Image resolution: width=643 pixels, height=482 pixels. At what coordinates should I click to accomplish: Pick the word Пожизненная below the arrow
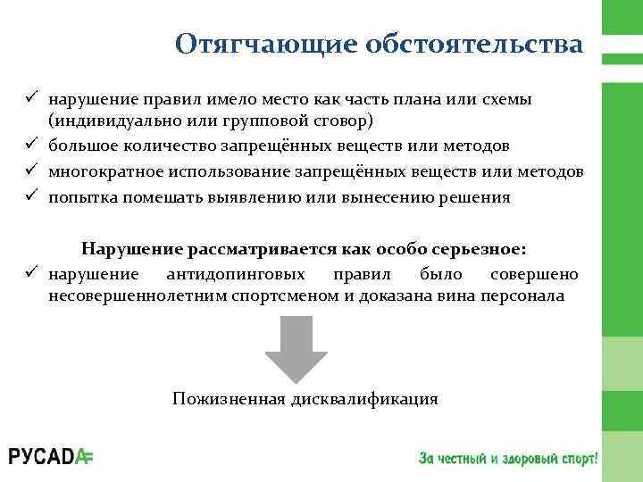pos(228,398)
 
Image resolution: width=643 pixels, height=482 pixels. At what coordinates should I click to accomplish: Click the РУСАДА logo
pos(51,456)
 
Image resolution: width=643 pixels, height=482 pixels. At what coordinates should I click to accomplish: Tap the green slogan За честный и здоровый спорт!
pos(506,457)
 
